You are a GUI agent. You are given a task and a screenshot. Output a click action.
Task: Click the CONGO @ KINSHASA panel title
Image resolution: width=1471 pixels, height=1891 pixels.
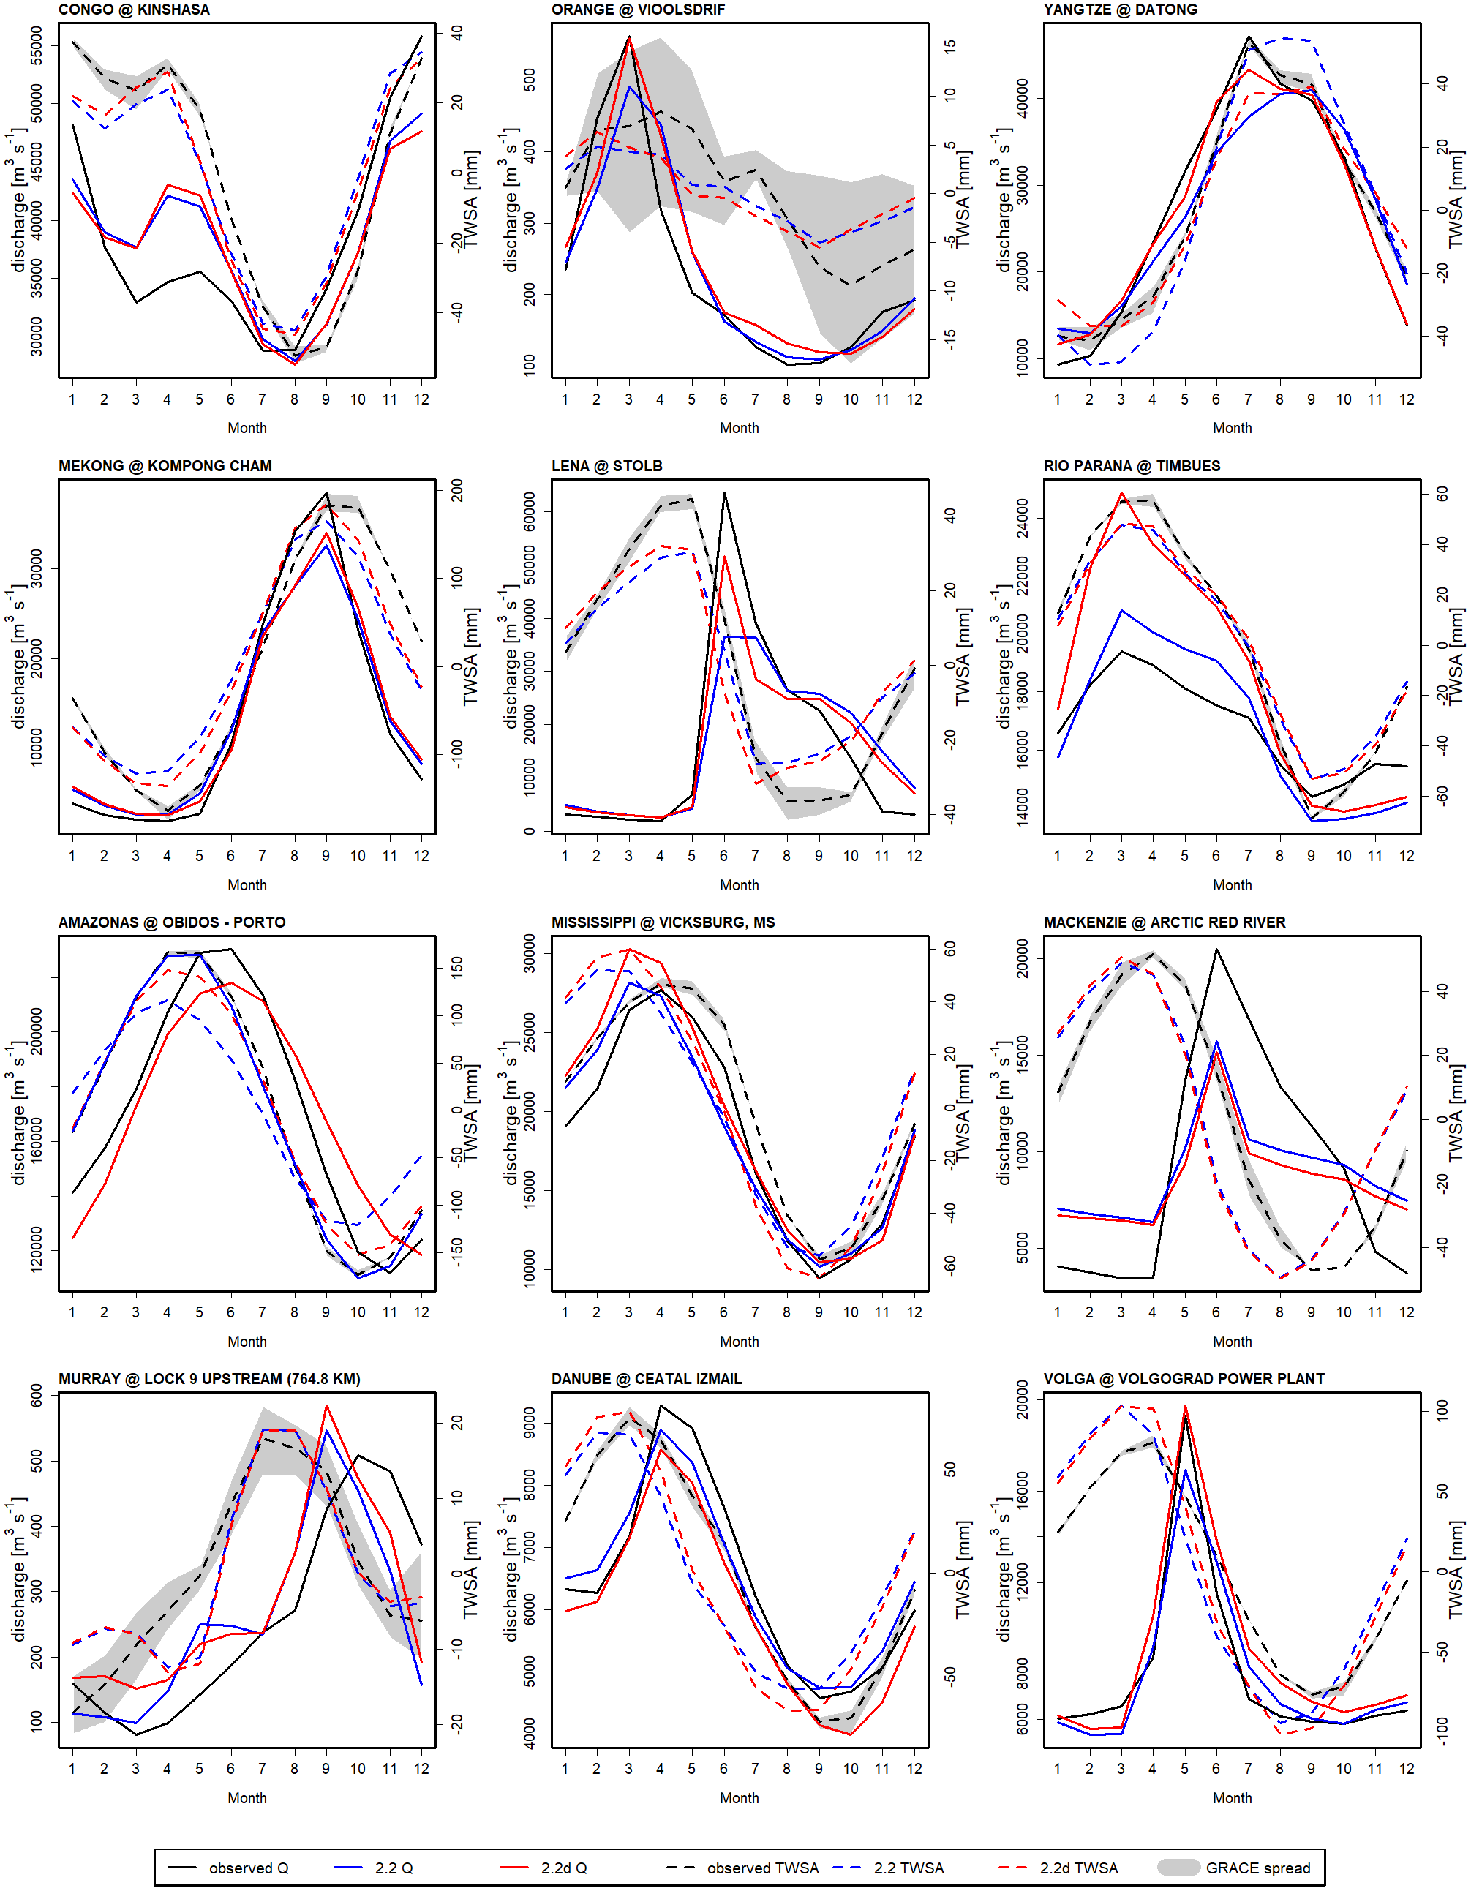[133, 10]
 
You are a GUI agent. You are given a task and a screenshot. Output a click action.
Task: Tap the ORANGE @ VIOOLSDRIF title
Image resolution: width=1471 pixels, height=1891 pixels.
[638, 10]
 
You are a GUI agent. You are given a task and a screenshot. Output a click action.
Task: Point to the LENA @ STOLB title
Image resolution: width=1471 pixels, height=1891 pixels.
[606, 466]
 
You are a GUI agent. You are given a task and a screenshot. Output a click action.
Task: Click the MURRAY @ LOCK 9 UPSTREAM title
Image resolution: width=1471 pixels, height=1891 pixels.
[208, 1378]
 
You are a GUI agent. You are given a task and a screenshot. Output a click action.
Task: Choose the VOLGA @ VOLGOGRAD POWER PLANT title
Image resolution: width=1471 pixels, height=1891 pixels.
[1184, 1378]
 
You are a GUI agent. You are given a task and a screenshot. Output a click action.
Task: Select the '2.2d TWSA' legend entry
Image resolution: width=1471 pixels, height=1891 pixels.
[1078, 1868]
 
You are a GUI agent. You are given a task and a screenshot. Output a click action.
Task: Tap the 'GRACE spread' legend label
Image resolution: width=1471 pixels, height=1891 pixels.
[1257, 1868]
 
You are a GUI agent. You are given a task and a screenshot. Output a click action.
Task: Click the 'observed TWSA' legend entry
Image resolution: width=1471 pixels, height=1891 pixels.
[762, 1868]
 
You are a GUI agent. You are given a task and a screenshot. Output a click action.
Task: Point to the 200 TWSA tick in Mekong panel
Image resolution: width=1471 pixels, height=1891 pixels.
[457, 491]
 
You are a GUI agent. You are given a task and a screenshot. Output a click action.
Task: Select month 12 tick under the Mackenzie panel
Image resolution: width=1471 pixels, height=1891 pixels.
[1406, 1312]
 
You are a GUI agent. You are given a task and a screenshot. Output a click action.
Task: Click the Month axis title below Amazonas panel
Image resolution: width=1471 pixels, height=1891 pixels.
[247, 1341]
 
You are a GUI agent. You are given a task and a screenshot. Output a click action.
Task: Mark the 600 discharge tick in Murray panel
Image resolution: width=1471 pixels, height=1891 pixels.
[37, 1395]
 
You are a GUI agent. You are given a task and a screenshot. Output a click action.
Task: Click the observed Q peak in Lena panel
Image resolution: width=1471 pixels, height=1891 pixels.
[724, 494]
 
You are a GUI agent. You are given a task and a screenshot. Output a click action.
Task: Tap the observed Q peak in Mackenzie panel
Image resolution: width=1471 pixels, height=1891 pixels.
[1216, 950]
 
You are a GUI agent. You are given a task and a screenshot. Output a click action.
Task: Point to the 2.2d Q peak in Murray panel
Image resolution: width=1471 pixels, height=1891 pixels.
[326, 1406]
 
